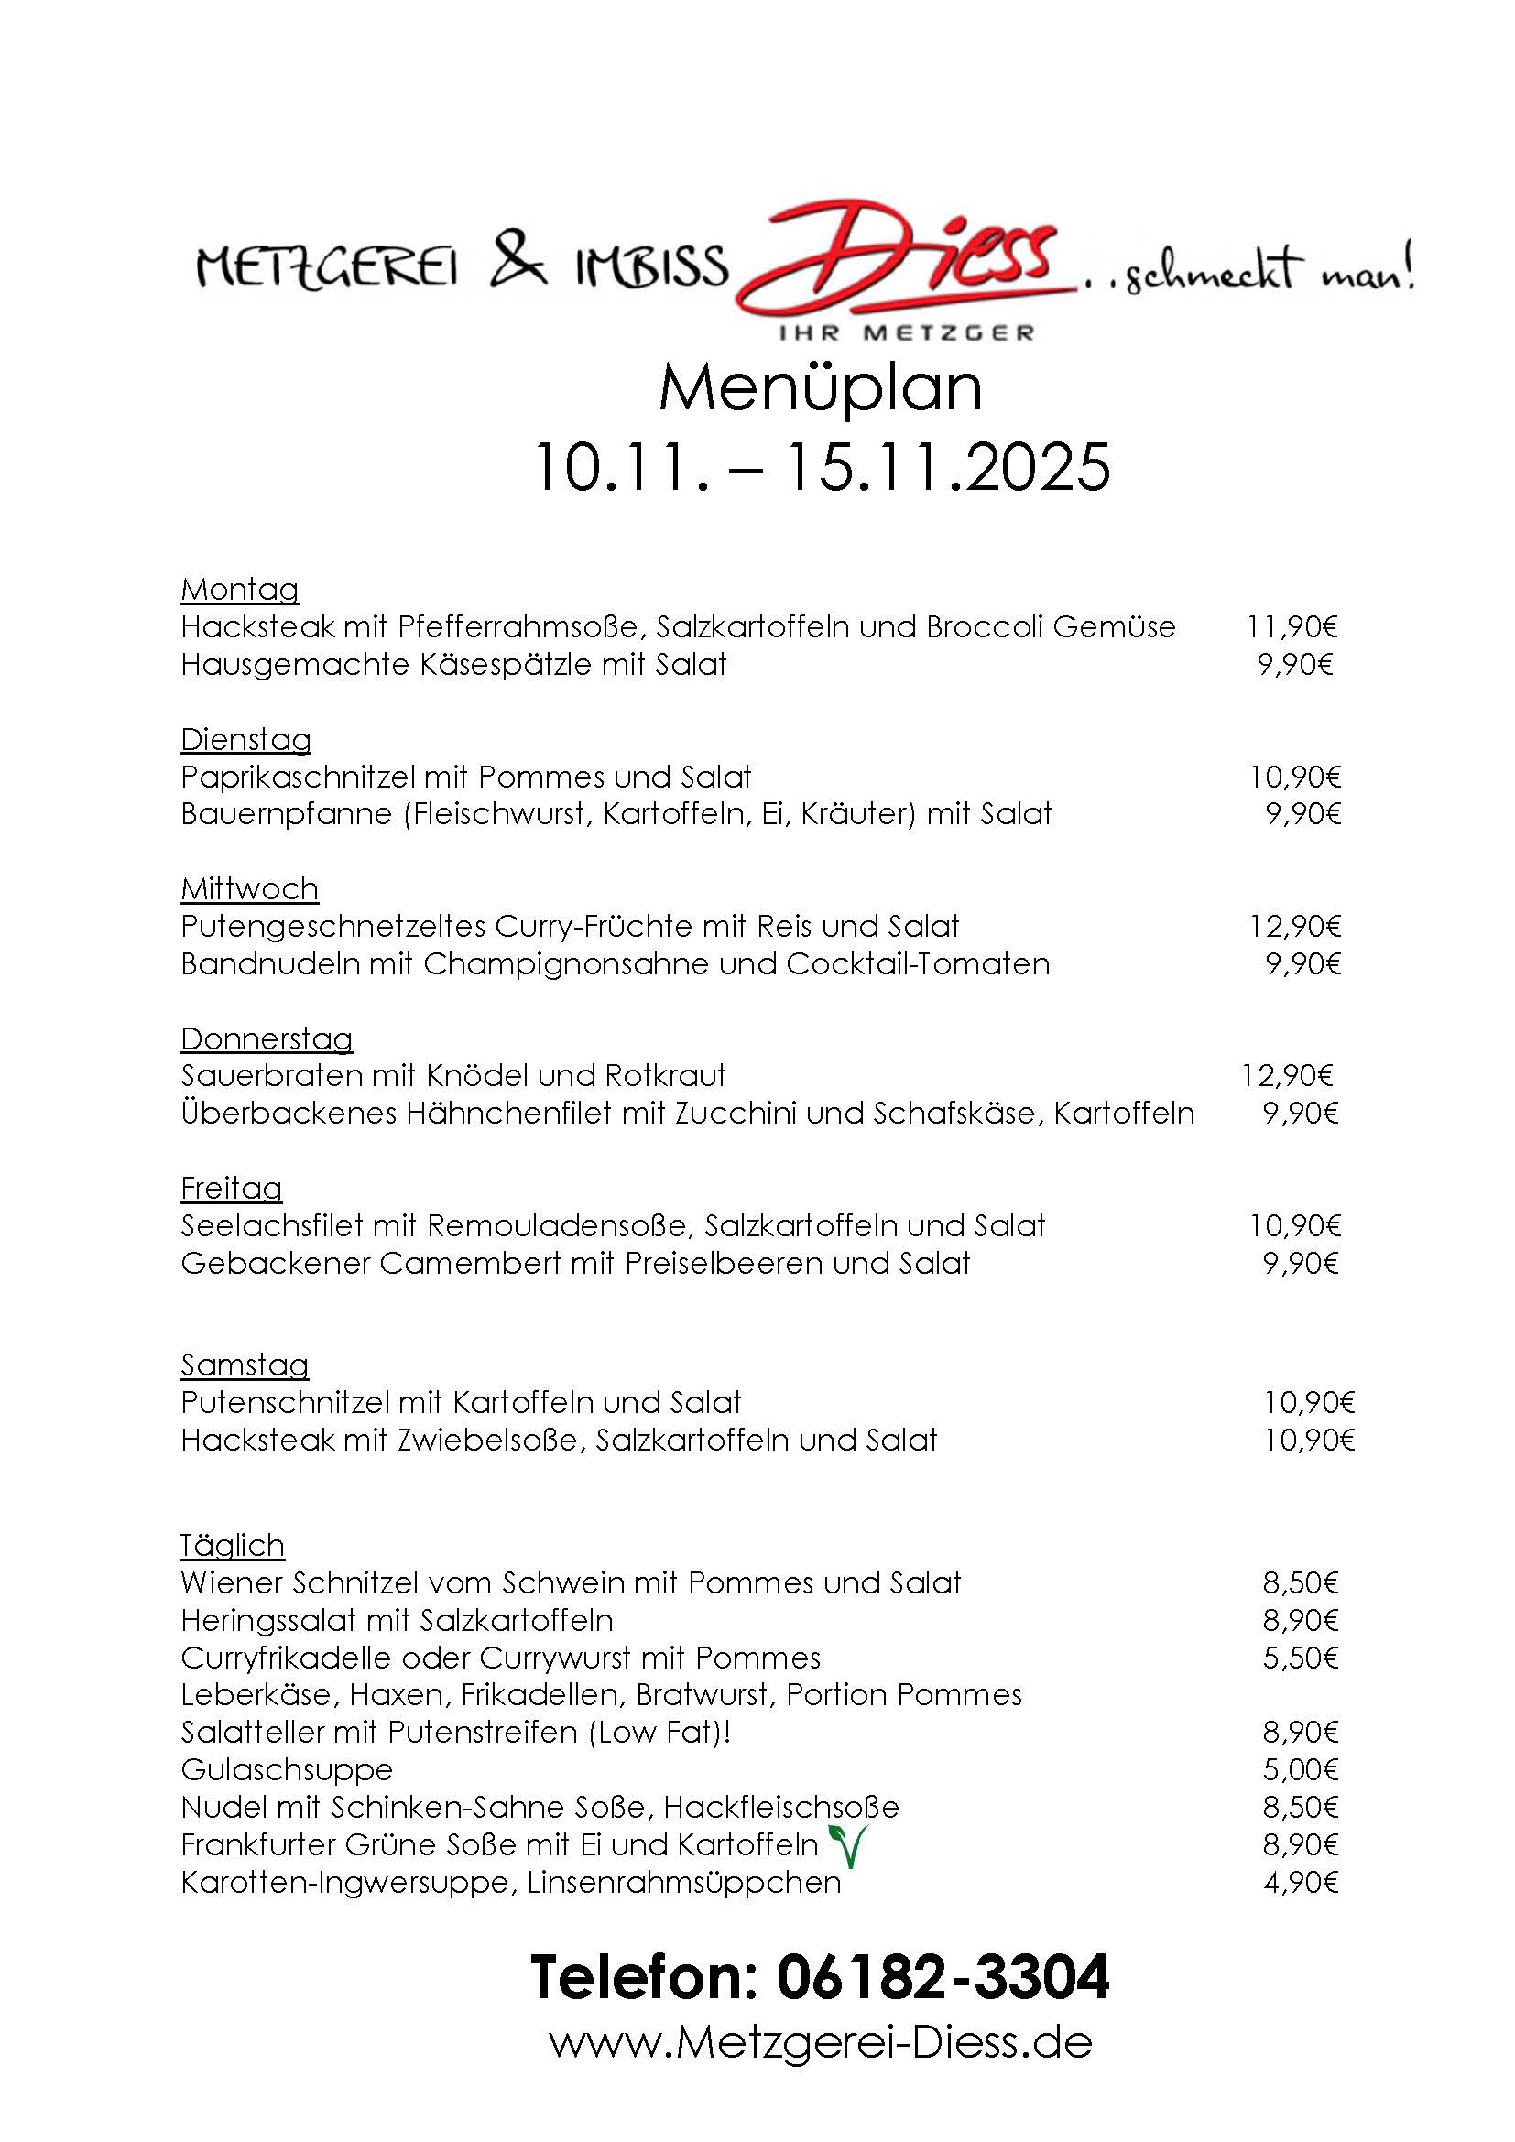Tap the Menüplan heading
(820, 389)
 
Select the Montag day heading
(240, 590)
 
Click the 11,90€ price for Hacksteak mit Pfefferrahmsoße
(1292, 627)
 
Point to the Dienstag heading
(246, 740)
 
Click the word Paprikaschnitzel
(298, 777)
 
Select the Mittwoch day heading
(250, 889)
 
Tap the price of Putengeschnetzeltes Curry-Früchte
(1295, 927)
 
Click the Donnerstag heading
(267, 1038)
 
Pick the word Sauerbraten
(271, 1076)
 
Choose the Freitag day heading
(232, 1189)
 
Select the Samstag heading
(245, 1365)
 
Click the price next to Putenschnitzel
(1309, 1403)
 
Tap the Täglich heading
(233, 1546)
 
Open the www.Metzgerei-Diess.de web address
(820, 2043)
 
